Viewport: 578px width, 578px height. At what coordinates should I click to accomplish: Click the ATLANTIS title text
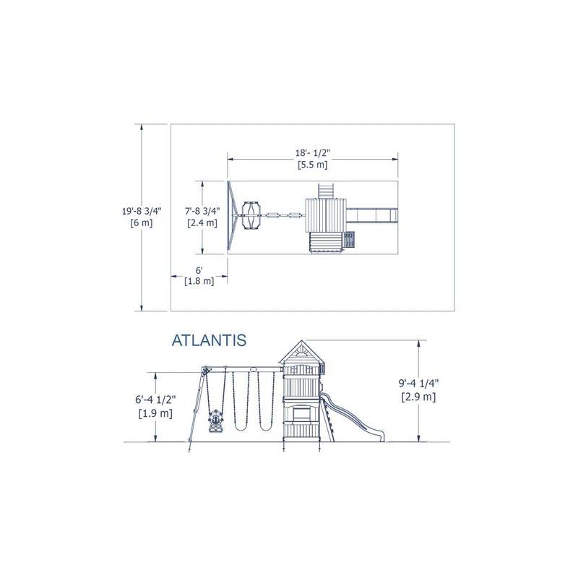(x=209, y=340)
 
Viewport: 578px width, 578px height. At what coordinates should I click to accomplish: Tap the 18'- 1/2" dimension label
(x=313, y=153)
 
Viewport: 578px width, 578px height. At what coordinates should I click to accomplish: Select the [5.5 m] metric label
(x=313, y=165)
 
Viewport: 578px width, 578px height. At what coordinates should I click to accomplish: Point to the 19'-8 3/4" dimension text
(x=142, y=211)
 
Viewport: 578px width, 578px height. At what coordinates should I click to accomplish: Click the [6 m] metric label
(x=142, y=223)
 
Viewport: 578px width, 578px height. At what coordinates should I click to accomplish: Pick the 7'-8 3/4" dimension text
(x=202, y=211)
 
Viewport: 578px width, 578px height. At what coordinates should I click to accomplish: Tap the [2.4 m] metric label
(x=202, y=223)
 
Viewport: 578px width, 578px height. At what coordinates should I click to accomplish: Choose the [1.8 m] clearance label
(x=199, y=281)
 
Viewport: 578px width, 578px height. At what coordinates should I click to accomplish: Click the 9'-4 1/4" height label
(x=418, y=384)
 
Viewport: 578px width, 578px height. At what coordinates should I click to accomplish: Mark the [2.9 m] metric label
(x=418, y=397)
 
